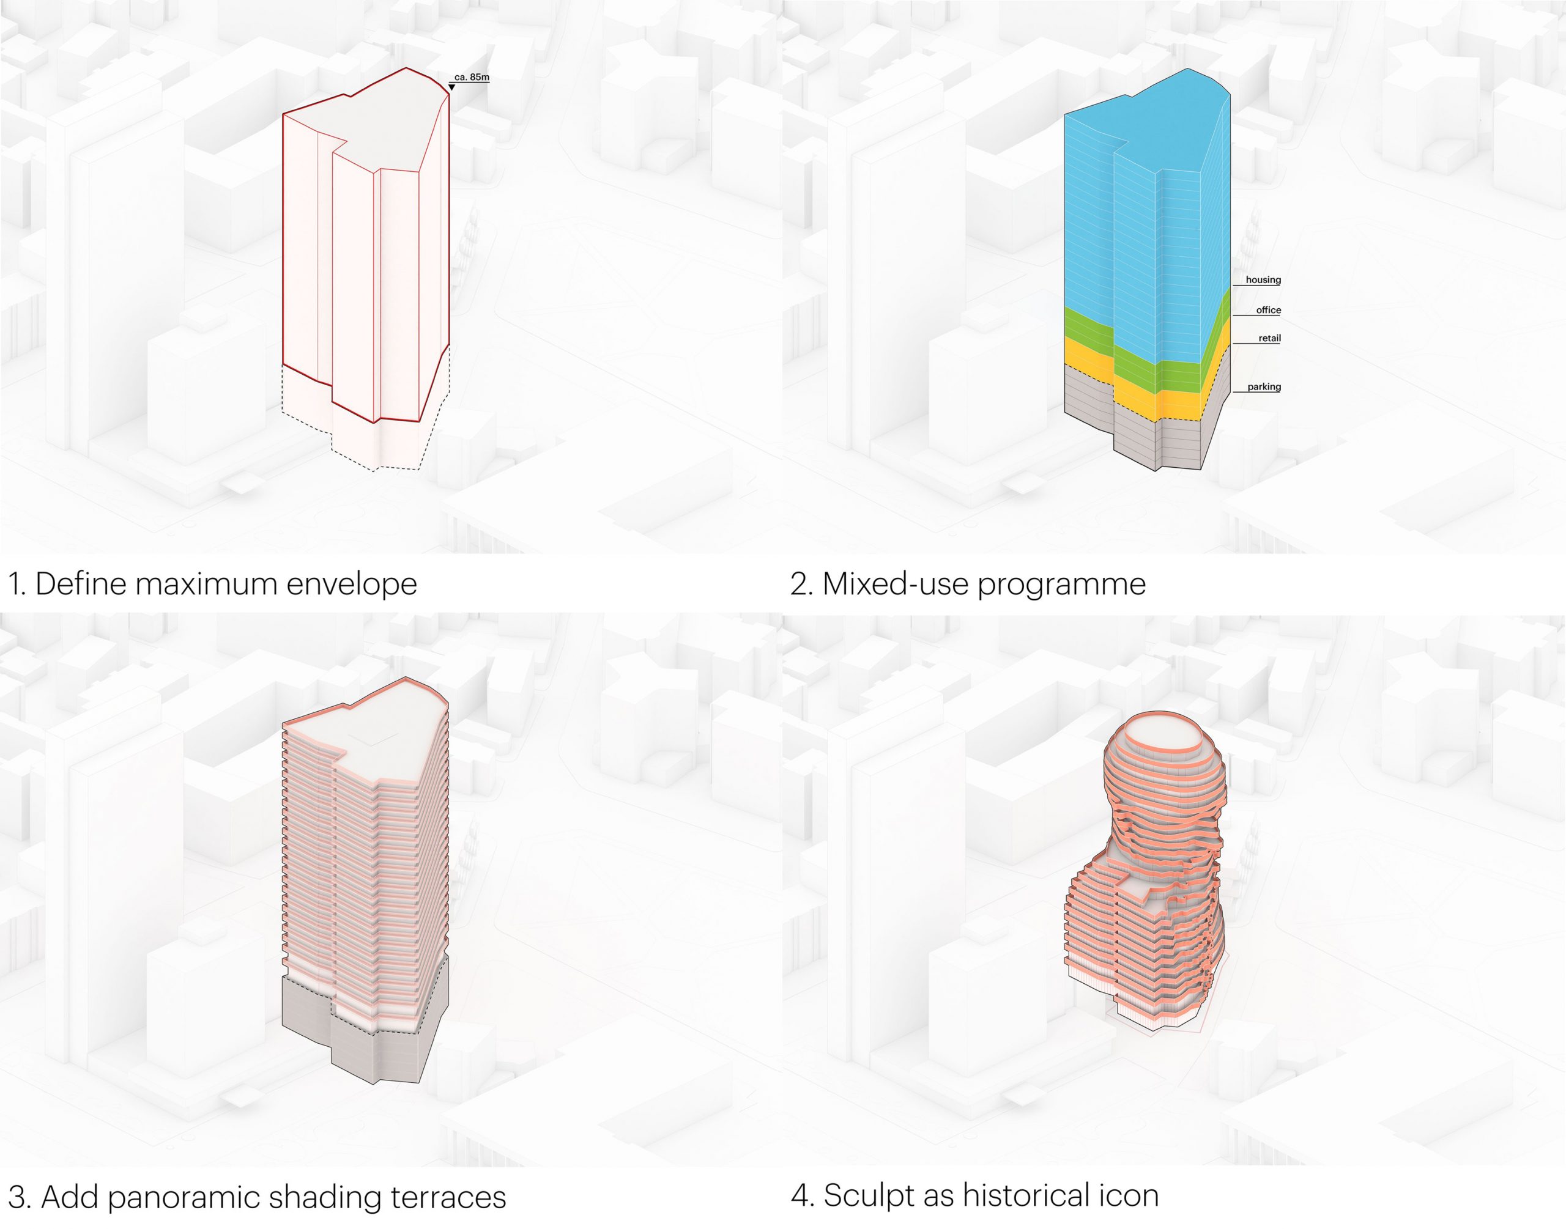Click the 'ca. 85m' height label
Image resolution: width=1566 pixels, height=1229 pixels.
(x=472, y=77)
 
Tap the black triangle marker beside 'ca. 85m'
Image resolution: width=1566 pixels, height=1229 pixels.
(x=451, y=87)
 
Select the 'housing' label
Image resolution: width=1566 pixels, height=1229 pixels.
(x=1263, y=280)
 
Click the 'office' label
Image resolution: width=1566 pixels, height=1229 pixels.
(x=1268, y=310)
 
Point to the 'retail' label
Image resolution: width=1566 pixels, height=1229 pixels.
(x=1269, y=338)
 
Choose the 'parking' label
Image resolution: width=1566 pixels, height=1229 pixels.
(x=1264, y=386)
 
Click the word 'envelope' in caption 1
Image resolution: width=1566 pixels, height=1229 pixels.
(x=352, y=585)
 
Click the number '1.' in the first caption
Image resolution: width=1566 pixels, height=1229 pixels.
(x=17, y=585)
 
